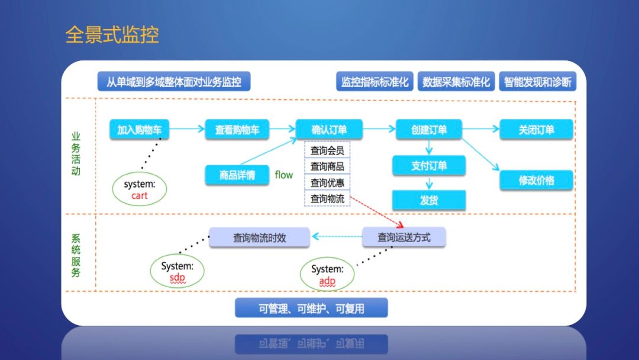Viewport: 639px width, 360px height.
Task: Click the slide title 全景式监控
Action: (112, 34)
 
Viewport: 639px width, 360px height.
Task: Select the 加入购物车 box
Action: (140, 130)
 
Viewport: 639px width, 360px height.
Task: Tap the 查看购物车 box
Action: (237, 130)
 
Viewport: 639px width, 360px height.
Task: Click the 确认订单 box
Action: (329, 130)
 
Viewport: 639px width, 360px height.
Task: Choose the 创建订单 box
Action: (429, 130)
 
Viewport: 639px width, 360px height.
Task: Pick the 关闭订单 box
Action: (536, 130)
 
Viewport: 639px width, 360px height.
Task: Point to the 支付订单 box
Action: (428, 166)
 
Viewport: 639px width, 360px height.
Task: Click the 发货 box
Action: (428, 200)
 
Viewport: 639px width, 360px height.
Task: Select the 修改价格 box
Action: (536, 180)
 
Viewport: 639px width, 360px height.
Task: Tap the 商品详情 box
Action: (237, 175)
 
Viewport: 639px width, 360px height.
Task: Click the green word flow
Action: (284, 175)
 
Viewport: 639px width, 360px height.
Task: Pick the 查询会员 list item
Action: (327, 150)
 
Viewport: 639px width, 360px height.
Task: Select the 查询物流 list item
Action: (327, 198)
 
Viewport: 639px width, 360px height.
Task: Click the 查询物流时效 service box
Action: (259, 237)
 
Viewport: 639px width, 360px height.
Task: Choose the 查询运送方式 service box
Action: (404, 237)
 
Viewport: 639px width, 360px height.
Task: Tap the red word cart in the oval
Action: (140, 196)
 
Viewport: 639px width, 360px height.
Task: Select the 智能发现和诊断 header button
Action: (537, 82)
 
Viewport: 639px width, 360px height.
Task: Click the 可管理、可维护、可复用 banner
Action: (311, 308)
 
